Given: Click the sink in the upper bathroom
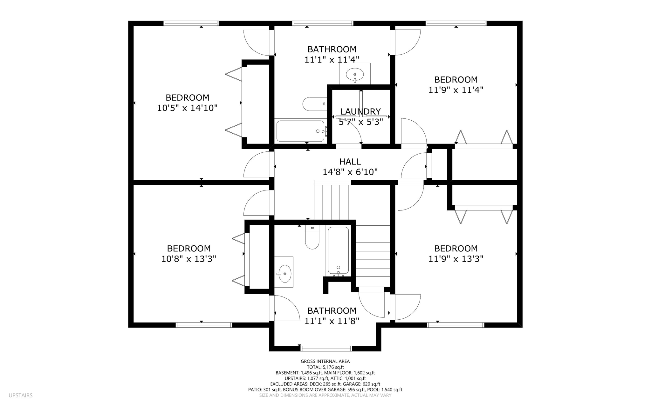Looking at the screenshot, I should pyautogui.click(x=355, y=75).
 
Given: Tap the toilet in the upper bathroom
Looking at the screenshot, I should pyautogui.click(x=314, y=104).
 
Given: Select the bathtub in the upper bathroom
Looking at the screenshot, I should pyautogui.click(x=300, y=131).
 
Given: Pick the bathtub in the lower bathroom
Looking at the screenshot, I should pyautogui.click(x=338, y=251).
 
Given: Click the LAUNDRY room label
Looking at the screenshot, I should pyautogui.click(x=360, y=111).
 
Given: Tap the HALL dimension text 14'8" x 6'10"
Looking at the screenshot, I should pyautogui.click(x=350, y=172).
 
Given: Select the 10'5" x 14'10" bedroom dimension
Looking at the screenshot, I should pyautogui.click(x=187, y=108).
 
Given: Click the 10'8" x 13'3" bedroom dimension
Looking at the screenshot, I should pyautogui.click(x=188, y=259).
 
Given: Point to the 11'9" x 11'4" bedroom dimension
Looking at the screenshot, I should pyautogui.click(x=456, y=90).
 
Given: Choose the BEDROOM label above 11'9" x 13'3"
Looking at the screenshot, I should pyautogui.click(x=456, y=248).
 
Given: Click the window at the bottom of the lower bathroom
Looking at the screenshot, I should pyautogui.click(x=326, y=349).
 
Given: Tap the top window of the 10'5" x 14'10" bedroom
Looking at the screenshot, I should pyautogui.click(x=191, y=23).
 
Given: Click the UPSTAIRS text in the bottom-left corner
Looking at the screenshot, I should pyautogui.click(x=21, y=396).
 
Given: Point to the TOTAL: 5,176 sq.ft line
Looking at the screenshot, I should pyautogui.click(x=325, y=367).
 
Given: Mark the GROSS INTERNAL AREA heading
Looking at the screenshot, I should pyautogui.click(x=325, y=361).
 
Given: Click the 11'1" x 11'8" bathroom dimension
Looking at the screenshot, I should pyautogui.click(x=332, y=321).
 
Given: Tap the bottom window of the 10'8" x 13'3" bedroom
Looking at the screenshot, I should pyautogui.click(x=204, y=325).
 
